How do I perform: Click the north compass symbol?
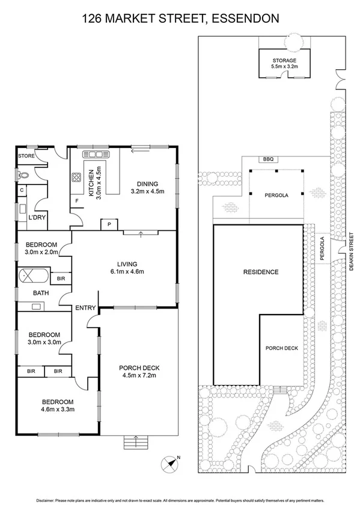pos(169,464)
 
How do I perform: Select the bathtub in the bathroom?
pos(34,277)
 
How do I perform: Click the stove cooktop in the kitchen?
pos(77,178)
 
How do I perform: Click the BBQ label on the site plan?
pos(268,159)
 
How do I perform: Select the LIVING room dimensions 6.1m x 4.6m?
pos(127,271)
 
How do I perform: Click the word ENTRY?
pos(85,309)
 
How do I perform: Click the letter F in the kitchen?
pos(76,201)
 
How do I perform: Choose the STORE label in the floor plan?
pos(26,156)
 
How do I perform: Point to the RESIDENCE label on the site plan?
pos(260,272)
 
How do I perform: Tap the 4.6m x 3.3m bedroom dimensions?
pos(58,410)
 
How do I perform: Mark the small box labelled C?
pos(22,191)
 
